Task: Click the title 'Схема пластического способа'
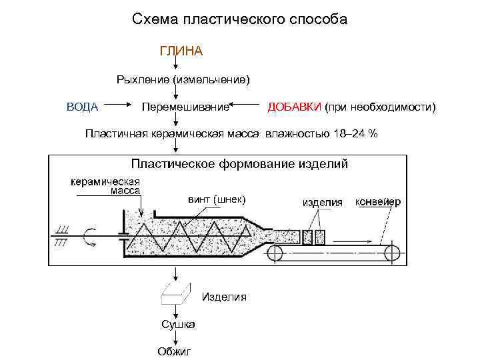click(239, 19)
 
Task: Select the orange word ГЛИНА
click(181, 51)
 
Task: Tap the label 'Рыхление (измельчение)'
click(183, 80)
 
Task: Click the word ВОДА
click(83, 107)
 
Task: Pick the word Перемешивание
click(185, 107)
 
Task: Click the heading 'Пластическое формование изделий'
click(239, 163)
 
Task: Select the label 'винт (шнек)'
click(217, 199)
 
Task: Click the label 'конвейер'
click(378, 201)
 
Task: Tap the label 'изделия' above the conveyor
click(323, 201)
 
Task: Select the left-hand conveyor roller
click(274, 251)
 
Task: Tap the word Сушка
click(178, 324)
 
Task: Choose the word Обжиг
click(174, 351)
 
